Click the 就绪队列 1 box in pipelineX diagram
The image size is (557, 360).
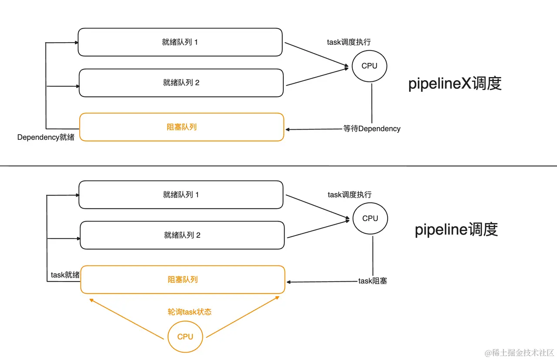click(x=180, y=42)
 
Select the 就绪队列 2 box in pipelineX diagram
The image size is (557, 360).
click(x=181, y=83)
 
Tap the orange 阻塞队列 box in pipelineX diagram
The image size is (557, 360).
click(x=181, y=127)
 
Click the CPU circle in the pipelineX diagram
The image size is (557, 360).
click(x=369, y=66)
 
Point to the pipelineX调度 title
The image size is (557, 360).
click(x=455, y=84)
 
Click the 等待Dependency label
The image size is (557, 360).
click(x=372, y=129)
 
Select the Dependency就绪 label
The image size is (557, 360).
click(x=46, y=138)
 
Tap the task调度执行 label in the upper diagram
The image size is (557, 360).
click(x=349, y=42)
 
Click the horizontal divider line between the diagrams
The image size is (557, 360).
click(x=278, y=166)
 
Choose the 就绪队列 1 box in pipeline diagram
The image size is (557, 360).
click(x=181, y=195)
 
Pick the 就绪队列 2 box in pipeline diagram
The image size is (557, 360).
click(x=182, y=235)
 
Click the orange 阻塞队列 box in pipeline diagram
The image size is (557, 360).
click(x=183, y=279)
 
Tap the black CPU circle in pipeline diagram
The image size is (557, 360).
click(x=370, y=219)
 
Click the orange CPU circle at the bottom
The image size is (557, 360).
click(x=185, y=336)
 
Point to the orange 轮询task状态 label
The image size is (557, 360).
click(x=190, y=312)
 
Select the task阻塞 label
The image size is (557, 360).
click(x=372, y=281)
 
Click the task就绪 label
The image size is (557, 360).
click(x=65, y=275)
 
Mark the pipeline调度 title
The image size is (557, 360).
click(x=456, y=229)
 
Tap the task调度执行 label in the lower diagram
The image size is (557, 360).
click(x=350, y=195)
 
